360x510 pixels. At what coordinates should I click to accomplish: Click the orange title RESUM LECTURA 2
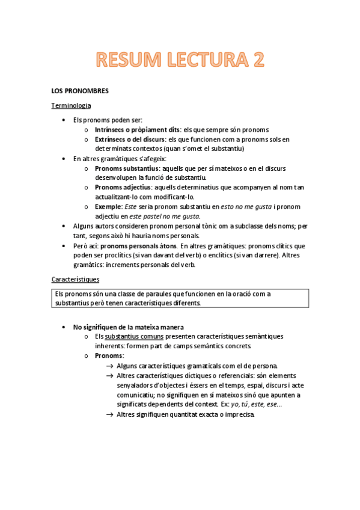pos(180,60)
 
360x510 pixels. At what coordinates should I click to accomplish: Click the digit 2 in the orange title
pos(255,60)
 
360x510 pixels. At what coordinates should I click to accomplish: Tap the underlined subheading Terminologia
pos(71,105)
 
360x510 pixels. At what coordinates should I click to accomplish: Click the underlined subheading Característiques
pos(75,280)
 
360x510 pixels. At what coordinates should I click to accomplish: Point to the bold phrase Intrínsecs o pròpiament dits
pos(138,129)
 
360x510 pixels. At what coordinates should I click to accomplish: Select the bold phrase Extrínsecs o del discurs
pos(132,139)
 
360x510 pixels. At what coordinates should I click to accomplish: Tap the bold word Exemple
pos(108,206)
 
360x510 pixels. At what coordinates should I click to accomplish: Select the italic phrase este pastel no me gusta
pos(171,216)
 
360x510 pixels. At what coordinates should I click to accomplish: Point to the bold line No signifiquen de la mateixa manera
pos(124,327)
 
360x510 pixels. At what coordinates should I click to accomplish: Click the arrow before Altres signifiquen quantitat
pos(109,414)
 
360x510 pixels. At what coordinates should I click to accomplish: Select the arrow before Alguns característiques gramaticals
pos(109,366)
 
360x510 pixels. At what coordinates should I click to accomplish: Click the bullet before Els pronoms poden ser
pos(64,120)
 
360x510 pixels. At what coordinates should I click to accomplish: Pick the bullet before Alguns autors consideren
pos(64,226)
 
